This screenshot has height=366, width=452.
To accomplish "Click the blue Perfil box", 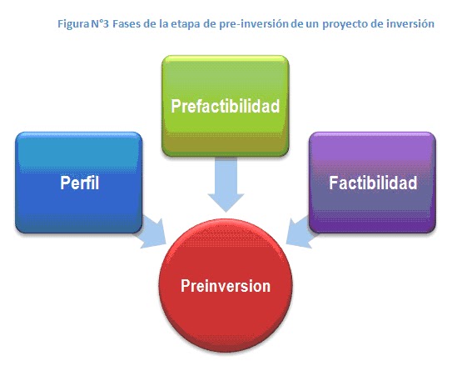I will pyautogui.click(x=79, y=182).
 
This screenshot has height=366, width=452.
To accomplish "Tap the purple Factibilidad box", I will pyautogui.click(x=372, y=181).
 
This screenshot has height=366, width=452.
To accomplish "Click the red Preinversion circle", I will pyautogui.click(x=226, y=284).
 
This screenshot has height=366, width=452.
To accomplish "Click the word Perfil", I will pyautogui.click(x=79, y=183).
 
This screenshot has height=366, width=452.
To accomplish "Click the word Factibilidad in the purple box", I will pyautogui.click(x=372, y=182).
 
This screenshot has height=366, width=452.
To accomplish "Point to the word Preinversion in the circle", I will pyautogui.click(x=226, y=285).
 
